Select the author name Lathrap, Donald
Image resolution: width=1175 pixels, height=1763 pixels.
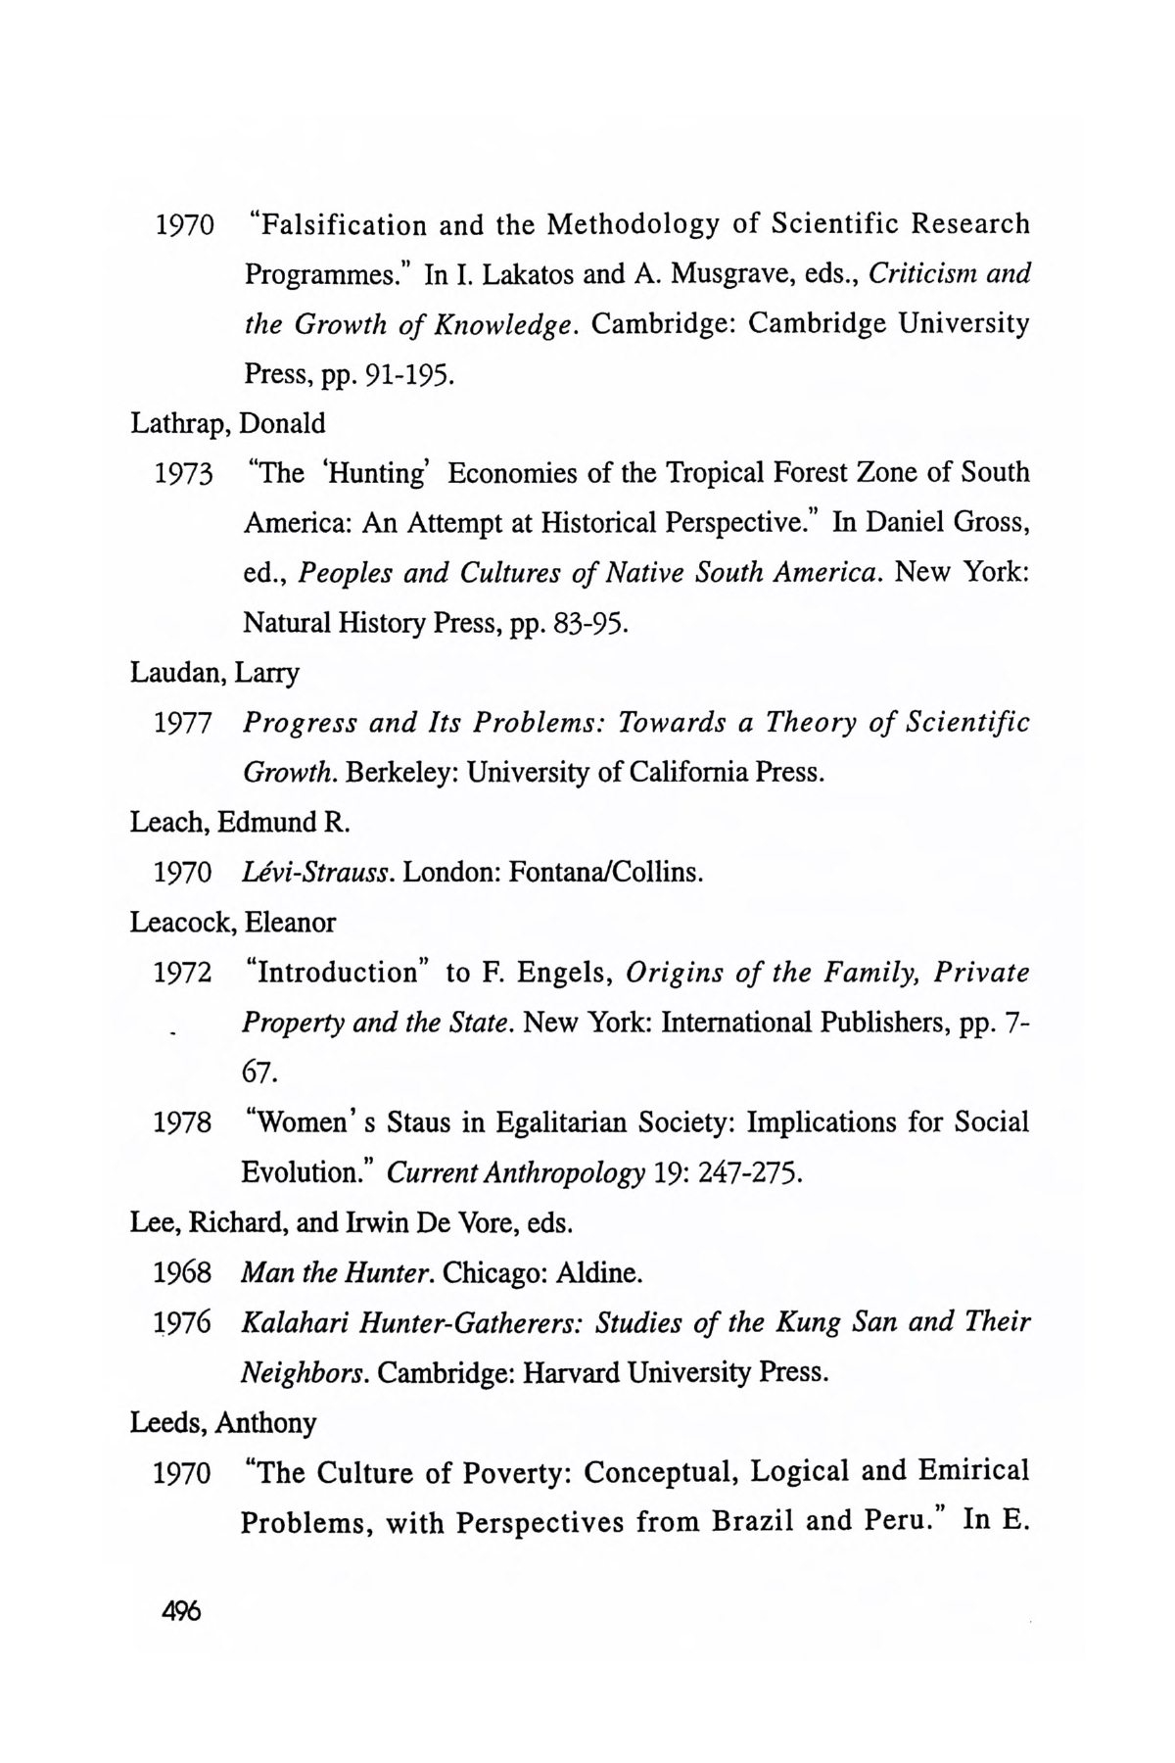[228, 424]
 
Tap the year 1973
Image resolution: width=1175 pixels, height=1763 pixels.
[184, 474]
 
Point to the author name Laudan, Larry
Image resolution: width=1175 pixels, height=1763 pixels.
[215, 673]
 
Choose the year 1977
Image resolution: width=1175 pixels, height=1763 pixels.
[184, 724]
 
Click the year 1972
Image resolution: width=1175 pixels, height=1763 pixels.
[184, 974]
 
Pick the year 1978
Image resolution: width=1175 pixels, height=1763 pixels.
[184, 1122]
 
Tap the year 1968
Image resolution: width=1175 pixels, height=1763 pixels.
[184, 1273]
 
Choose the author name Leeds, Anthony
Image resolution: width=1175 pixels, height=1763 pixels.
[223, 1422]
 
